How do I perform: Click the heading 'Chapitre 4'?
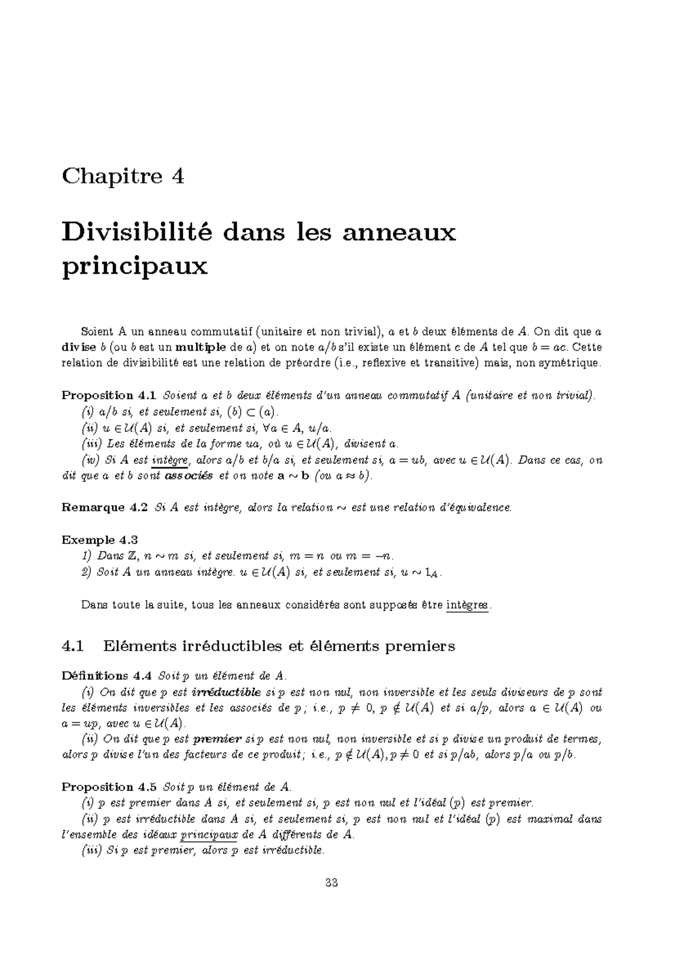[x=123, y=177]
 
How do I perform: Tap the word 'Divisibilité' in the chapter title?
[x=134, y=232]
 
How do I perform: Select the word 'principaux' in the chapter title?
[x=134, y=266]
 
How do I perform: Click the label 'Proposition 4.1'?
[x=106, y=396]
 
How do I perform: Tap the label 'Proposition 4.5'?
[x=106, y=787]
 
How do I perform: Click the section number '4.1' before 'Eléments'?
[x=73, y=646]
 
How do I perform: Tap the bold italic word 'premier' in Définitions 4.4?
[x=217, y=739]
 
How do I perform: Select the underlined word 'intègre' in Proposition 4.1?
[x=170, y=461]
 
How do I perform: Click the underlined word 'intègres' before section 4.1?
[x=467, y=605]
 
